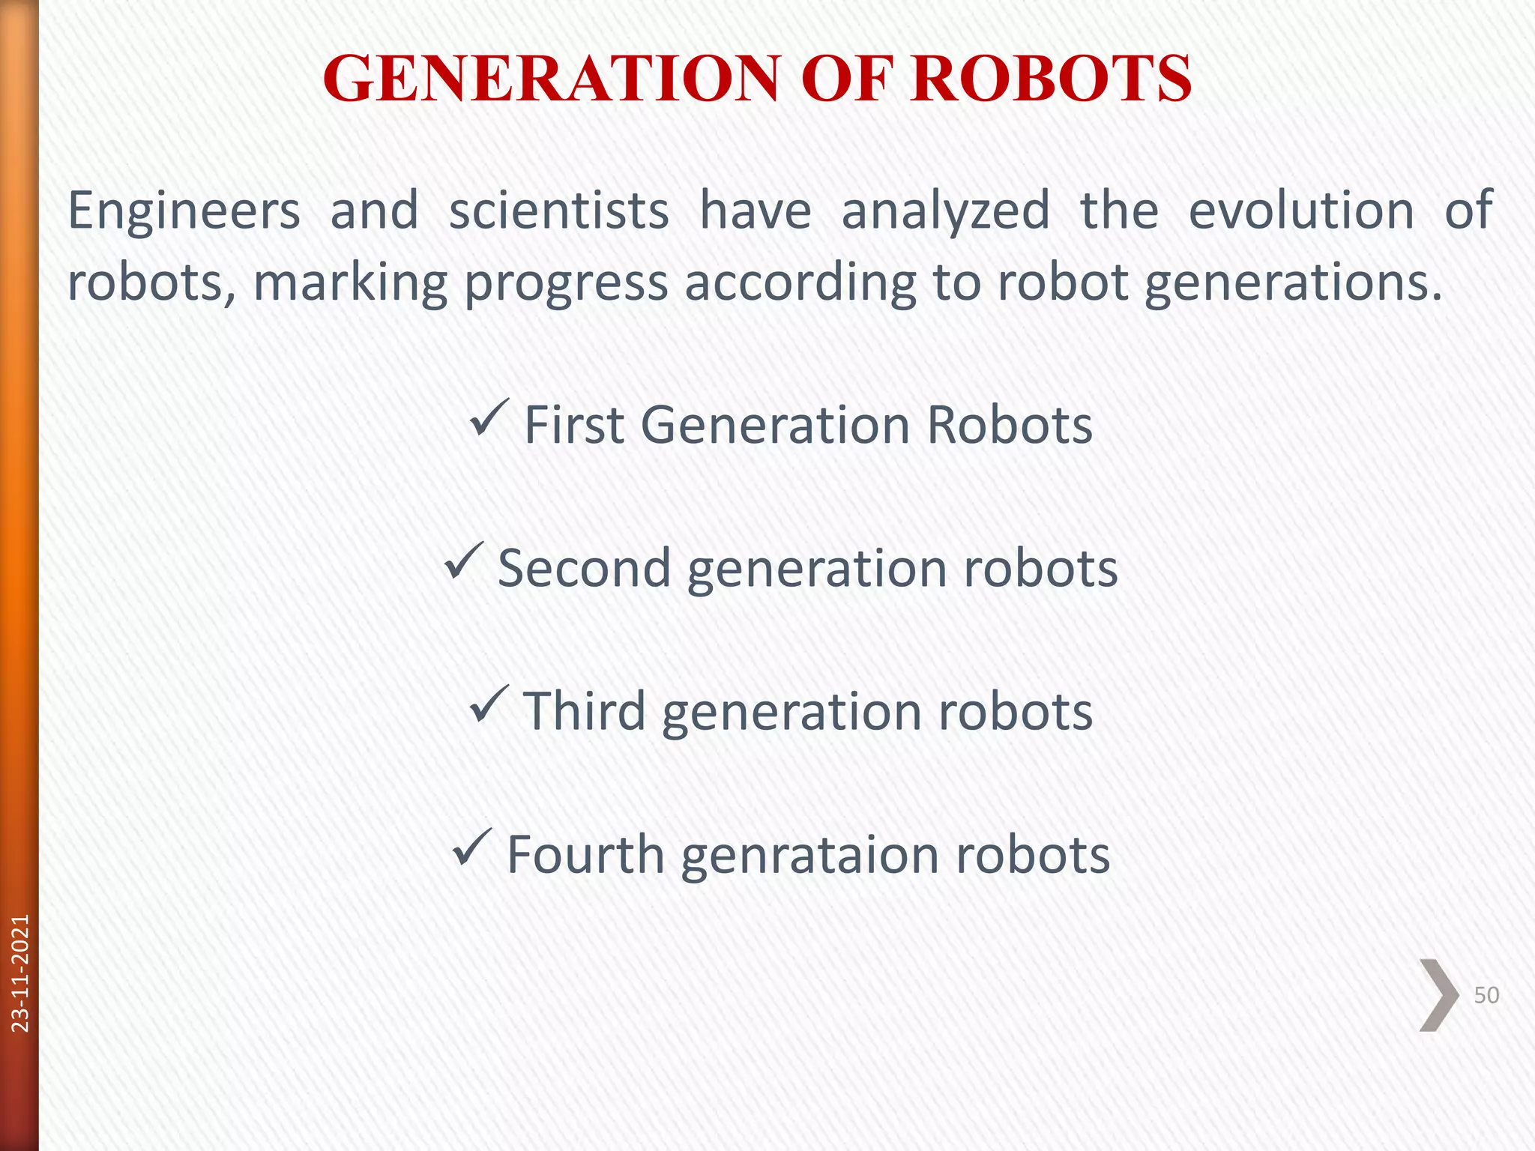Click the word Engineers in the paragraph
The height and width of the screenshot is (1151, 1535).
[x=184, y=211]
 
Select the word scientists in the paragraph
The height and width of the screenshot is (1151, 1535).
[x=558, y=211]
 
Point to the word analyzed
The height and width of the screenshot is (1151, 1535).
[x=945, y=211]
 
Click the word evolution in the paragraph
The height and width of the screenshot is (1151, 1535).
[x=1301, y=211]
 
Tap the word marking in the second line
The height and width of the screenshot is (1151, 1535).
[x=350, y=283]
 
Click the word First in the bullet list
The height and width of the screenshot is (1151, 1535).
[x=573, y=425]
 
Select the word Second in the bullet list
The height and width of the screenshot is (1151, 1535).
[x=584, y=568]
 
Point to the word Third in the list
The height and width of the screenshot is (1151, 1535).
[x=584, y=711]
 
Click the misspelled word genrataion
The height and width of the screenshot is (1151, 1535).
[x=809, y=856]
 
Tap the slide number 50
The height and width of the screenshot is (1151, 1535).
[x=1486, y=995]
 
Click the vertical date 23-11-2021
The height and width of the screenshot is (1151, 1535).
[x=20, y=973]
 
